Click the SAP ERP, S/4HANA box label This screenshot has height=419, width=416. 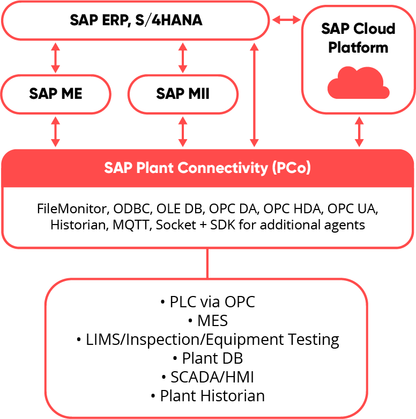tap(136, 20)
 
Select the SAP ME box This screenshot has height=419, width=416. tap(56, 94)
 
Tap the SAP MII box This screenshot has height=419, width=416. tap(183, 94)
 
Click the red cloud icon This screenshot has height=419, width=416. tap(358, 82)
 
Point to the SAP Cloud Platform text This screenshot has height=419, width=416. tap(358, 38)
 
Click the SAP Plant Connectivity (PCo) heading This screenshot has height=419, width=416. tap(207, 168)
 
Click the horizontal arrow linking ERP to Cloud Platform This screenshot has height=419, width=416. tap(286, 20)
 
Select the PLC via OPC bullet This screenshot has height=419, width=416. tap(208, 302)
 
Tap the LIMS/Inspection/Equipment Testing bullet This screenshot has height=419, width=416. tap(208, 339)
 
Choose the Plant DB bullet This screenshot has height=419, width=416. tap(208, 358)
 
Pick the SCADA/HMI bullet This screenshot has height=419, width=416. tap(208, 377)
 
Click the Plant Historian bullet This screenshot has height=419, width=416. tap(208, 396)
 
